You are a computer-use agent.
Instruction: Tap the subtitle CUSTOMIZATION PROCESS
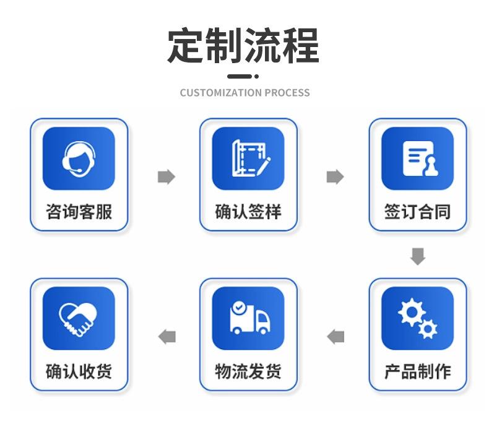point(244,93)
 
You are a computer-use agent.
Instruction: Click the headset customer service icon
point(79,158)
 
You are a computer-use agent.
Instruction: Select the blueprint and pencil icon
point(248,158)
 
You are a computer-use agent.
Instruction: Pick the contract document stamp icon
point(418,158)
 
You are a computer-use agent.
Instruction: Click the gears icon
point(418,318)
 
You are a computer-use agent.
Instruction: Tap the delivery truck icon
point(248,318)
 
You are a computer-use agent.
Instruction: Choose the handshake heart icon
point(79,318)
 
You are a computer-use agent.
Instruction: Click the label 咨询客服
point(79,212)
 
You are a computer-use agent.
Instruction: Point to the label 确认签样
point(248,212)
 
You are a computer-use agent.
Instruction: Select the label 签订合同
point(418,212)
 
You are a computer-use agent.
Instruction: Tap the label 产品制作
point(418,371)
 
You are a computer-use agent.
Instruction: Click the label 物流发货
point(248,371)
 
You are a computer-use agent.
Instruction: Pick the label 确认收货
point(79,371)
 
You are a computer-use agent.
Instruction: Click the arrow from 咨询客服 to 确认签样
point(166,177)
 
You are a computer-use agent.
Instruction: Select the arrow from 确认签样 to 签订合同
point(335,177)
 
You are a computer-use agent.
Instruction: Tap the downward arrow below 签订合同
point(418,256)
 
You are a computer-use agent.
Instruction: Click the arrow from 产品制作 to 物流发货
point(335,337)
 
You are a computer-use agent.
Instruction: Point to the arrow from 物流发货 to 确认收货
point(167,337)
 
